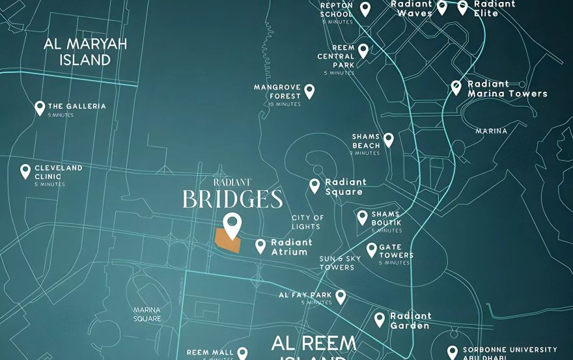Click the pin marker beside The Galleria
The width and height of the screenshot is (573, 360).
[x=40, y=108]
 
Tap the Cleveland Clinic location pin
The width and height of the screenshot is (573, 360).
[x=25, y=171]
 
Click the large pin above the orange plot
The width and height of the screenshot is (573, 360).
[x=232, y=225]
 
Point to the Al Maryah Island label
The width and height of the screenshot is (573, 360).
[x=85, y=52]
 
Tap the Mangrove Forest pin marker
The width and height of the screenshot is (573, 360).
[x=309, y=91]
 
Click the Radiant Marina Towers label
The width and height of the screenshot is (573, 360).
[x=507, y=89]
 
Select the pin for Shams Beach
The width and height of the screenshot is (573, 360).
[x=389, y=140]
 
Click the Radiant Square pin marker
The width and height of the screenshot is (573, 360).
[x=314, y=186]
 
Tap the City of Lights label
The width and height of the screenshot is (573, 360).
[x=307, y=222]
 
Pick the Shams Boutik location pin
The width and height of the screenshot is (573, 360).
[x=362, y=217]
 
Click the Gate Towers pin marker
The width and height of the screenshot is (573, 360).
[x=372, y=249]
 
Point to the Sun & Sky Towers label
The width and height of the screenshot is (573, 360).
[x=340, y=262]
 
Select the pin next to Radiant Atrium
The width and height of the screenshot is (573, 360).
[x=260, y=246]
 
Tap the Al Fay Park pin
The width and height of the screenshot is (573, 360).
[x=340, y=297]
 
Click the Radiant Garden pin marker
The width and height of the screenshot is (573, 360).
[x=380, y=320]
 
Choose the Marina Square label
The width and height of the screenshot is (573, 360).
[x=147, y=314]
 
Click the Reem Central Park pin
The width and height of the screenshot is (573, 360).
[x=363, y=51]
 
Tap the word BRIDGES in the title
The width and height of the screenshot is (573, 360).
[x=232, y=199]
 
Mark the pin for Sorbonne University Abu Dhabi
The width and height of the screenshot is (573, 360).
[x=453, y=352]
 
